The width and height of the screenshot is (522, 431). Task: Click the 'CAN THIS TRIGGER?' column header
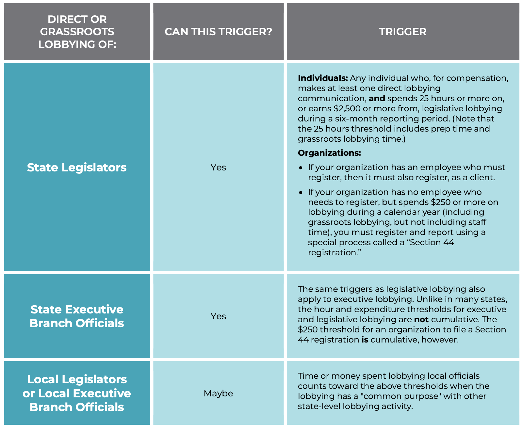[x=218, y=32]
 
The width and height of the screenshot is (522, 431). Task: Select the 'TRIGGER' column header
[x=402, y=32]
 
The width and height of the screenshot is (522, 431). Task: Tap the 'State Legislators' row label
[x=77, y=167]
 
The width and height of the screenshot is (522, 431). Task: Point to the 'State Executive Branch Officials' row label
[x=77, y=316]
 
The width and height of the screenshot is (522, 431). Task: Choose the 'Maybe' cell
[x=218, y=393]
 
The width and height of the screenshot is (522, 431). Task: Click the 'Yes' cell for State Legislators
[x=218, y=167]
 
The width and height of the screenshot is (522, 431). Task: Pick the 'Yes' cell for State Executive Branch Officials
[x=218, y=316]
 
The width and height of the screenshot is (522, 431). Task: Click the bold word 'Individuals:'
[x=323, y=78]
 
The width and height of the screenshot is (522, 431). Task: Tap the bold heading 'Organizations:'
[x=329, y=153]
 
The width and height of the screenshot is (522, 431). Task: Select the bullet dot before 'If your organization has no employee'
[x=301, y=192]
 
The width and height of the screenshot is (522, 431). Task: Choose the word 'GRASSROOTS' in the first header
[x=77, y=32]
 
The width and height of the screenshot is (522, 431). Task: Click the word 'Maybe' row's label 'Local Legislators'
[x=77, y=379]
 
